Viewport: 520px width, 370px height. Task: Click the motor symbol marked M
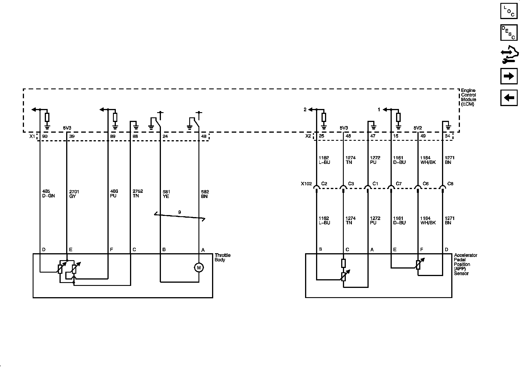pos(199,268)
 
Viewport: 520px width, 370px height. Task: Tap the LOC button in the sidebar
pos(509,11)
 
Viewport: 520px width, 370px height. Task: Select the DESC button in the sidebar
pos(509,32)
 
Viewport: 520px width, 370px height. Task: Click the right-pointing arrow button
pos(509,76)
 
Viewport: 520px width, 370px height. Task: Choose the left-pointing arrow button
pos(509,98)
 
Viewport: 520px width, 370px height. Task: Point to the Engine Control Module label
pos(468,97)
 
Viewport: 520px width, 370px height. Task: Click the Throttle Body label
pos(222,258)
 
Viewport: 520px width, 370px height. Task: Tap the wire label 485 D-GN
pos(48,194)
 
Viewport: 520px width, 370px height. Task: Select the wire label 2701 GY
pos(74,194)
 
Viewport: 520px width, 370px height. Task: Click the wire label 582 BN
pos(205,194)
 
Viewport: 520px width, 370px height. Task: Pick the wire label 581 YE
pos(166,194)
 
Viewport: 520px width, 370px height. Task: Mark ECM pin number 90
pos(45,136)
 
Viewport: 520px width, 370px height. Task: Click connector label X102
pos(306,184)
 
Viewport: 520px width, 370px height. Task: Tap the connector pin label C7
pos(399,184)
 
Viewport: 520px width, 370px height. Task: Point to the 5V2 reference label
pos(418,128)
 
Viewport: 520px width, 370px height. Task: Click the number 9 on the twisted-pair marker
pos(180,212)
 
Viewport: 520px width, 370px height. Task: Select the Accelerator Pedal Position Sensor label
pos(465,264)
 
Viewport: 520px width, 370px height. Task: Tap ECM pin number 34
pos(447,136)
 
